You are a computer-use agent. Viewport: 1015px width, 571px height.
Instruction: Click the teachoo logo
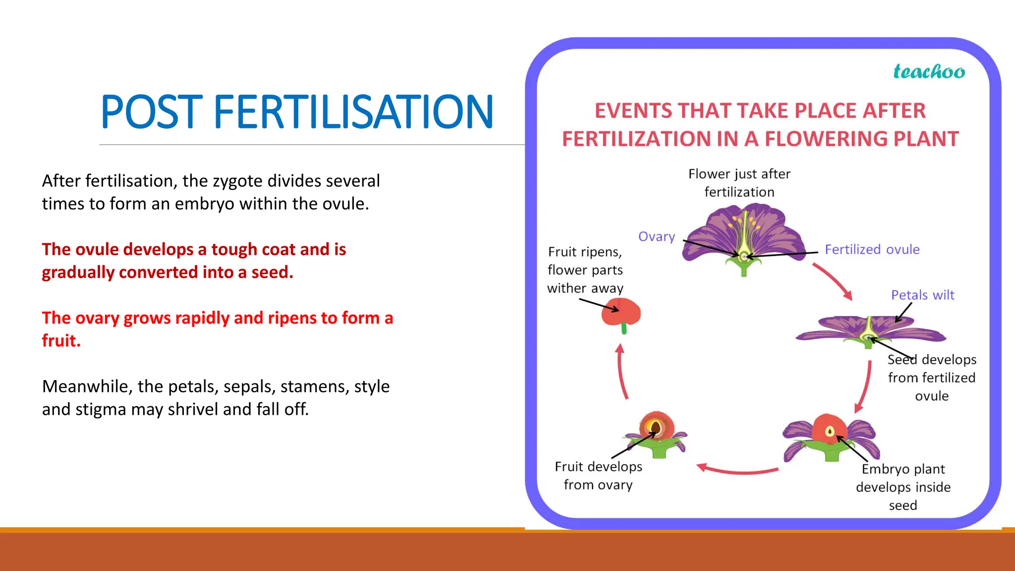click(x=929, y=72)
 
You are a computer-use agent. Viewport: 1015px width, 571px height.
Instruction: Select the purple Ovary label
click(x=656, y=237)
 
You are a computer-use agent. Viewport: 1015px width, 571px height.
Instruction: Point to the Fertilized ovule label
click(x=872, y=249)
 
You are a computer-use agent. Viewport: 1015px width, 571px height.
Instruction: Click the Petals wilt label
click(x=922, y=295)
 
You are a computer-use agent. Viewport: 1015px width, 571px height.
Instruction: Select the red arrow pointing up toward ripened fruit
click(x=621, y=372)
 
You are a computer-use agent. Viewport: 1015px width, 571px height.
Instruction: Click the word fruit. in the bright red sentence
click(x=61, y=341)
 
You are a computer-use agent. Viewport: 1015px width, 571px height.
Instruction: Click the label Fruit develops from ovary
click(x=598, y=476)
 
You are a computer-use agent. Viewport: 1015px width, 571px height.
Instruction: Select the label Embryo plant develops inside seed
click(x=903, y=487)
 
